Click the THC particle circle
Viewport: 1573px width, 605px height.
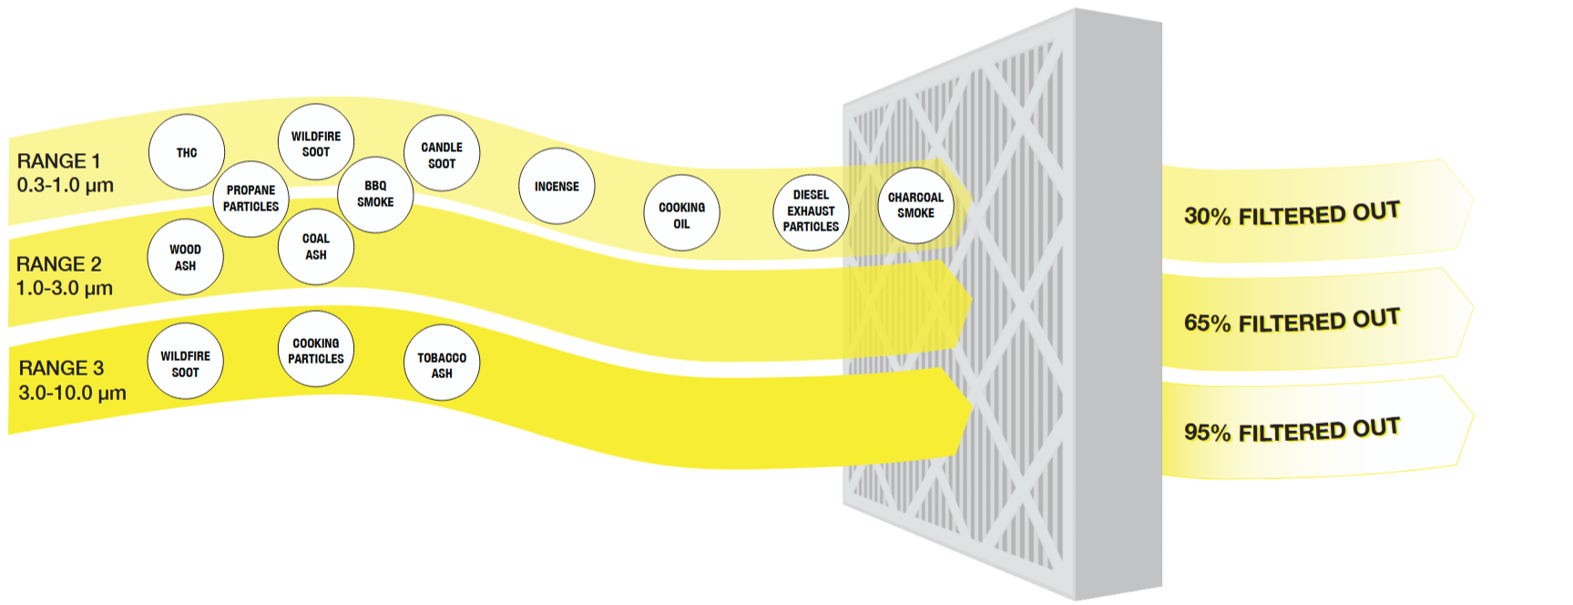click(187, 152)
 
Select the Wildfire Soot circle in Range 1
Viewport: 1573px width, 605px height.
click(316, 143)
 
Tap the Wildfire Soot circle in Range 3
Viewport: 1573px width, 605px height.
click(186, 363)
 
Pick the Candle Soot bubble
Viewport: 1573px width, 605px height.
click(442, 154)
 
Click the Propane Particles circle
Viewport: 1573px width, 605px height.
click(251, 198)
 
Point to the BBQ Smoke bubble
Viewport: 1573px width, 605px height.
click(375, 194)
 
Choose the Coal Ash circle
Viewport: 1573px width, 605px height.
click(316, 246)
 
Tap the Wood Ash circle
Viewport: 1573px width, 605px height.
click(186, 257)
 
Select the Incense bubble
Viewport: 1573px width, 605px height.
click(557, 186)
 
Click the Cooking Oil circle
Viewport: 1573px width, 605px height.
click(682, 214)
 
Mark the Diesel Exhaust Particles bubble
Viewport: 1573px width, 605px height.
click(811, 212)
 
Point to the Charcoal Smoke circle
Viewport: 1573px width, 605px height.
click(916, 205)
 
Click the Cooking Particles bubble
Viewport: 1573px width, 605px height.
click(316, 350)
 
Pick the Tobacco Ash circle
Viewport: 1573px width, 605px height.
click(442, 364)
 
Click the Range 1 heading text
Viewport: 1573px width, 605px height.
click(58, 161)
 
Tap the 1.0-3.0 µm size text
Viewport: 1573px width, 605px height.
click(65, 288)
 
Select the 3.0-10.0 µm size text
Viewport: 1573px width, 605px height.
click(72, 393)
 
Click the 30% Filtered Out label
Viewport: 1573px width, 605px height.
click(1292, 214)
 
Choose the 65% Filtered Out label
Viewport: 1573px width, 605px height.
click(1292, 321)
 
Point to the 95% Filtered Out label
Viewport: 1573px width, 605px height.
click(1292, 430)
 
